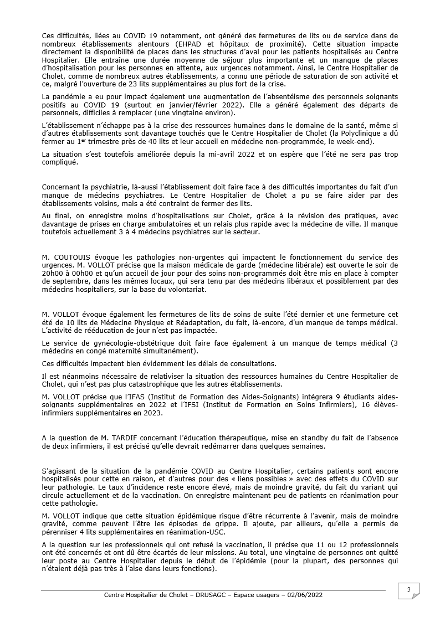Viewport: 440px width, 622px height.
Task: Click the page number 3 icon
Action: pos(408,590)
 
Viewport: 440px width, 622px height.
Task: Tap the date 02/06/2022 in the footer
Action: pos(304,595)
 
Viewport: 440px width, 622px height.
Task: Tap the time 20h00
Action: pos(53,273)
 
